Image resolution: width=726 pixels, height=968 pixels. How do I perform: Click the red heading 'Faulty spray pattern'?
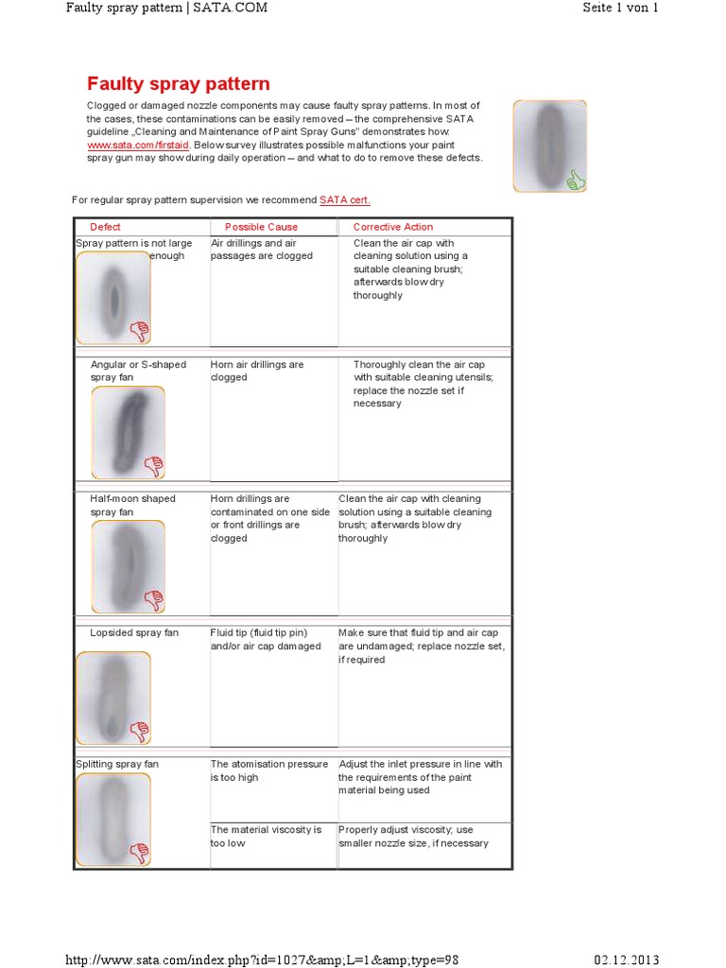[x=179, y=84]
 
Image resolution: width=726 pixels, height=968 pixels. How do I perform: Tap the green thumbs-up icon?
[x=575, y=180]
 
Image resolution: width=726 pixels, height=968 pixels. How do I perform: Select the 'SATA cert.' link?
[x=345, y=199]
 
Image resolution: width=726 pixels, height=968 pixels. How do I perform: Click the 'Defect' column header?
[x=105, y=227]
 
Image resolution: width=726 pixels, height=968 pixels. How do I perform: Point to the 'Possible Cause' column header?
[x=261, y=227]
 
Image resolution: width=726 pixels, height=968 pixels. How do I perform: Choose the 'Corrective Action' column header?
[x=392, y=227]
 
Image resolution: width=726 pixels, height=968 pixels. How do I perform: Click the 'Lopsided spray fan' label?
[x=134, y=632]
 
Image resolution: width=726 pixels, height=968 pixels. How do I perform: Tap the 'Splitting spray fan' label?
[x=117, y=764]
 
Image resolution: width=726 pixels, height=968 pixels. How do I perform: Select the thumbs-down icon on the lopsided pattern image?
[x=139, y=731]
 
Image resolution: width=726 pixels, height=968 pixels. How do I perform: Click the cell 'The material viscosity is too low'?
[x=266, y=836]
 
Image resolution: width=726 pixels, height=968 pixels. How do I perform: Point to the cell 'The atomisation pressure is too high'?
[x=268, y=770]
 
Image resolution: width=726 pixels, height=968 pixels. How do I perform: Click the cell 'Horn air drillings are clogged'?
[x=256, y=371]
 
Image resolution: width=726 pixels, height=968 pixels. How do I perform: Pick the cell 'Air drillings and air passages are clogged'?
[x=261, y=250]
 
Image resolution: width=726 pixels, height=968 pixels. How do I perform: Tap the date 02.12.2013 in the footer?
[x=626, y=959]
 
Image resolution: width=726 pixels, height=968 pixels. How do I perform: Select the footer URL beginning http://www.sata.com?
[x=262, y=959]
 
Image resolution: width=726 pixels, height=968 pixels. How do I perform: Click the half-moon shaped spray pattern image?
[x=128, y=565]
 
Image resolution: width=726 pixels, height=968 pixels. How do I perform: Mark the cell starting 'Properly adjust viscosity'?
[x=413, y=836]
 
